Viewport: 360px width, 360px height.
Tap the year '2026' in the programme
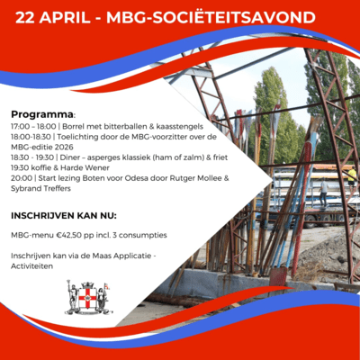click(x=85, y=148)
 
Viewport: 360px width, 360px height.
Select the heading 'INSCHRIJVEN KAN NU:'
click(x=64, y=217)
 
